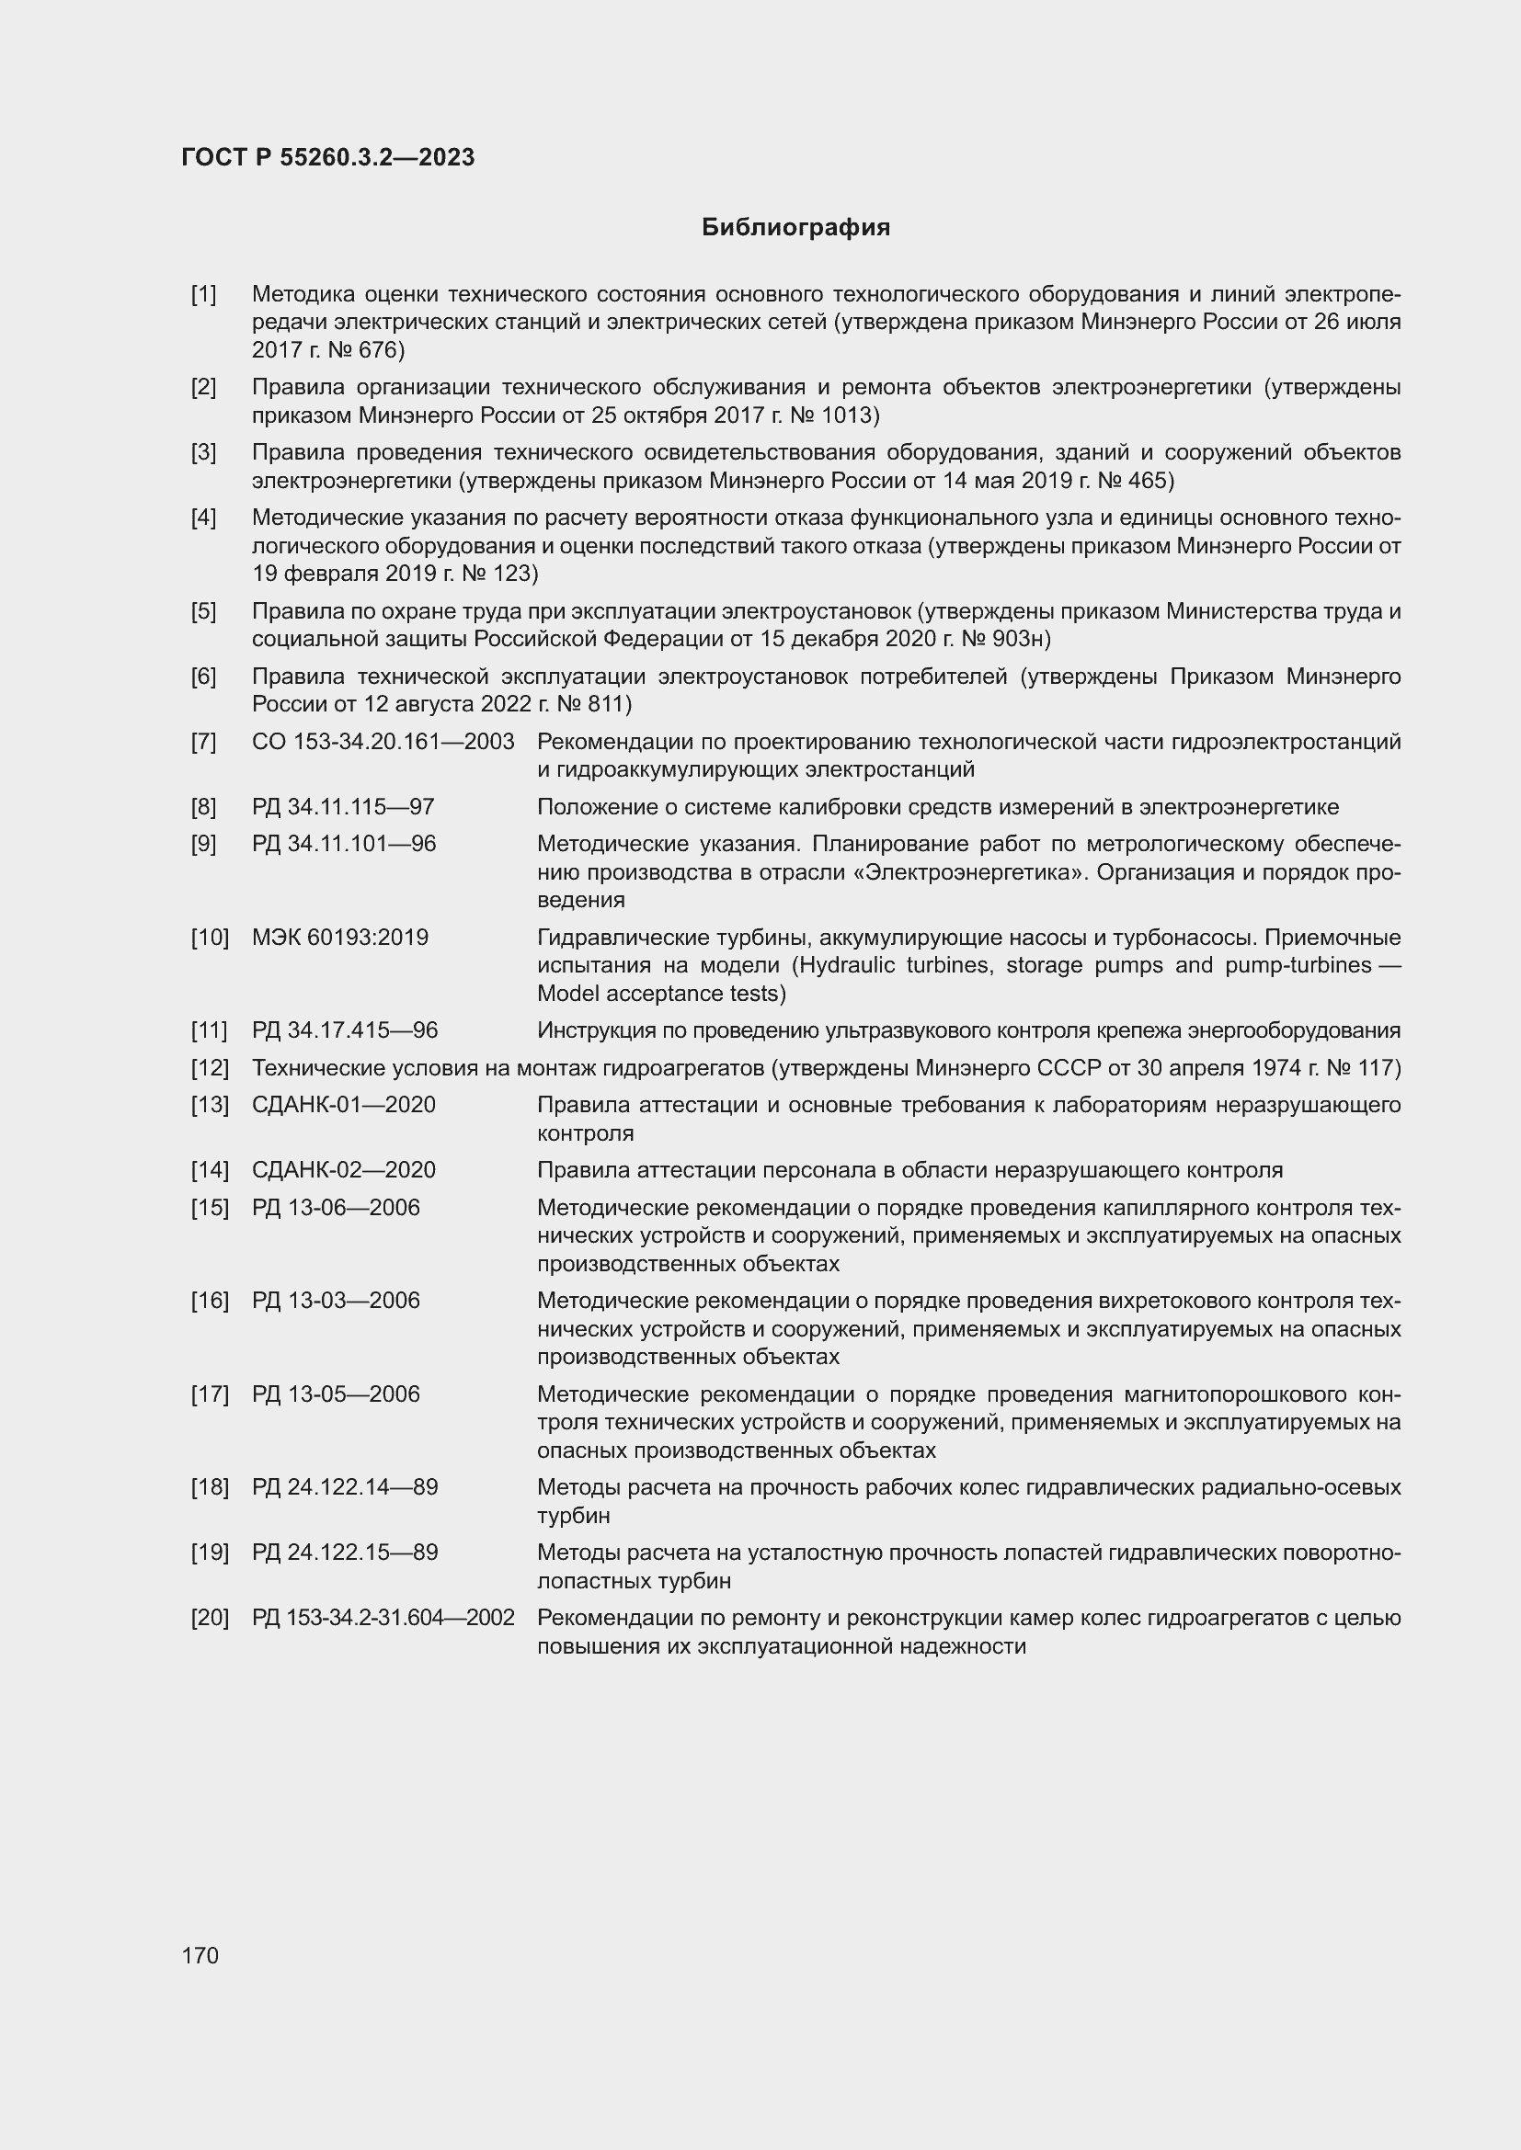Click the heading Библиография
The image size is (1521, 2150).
(x=795, y=228)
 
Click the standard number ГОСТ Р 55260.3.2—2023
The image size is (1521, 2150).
(x=327, y=157)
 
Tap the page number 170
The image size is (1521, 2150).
(x=200, y=1955)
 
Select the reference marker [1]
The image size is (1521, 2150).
(x=203, y=294)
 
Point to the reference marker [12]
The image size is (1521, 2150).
(x=210, y=1067)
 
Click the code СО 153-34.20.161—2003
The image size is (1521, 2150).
(x=383, y=742)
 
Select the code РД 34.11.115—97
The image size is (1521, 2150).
(x=343, y=807)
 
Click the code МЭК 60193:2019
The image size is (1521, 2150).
(x=340, y=938)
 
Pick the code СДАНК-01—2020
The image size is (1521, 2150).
(x=344, y=1105)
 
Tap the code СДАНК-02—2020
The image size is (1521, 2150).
(x=344, y=1169)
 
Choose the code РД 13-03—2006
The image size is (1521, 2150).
(x=336, y=1301)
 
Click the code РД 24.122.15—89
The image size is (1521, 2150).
(x=345, y=1553)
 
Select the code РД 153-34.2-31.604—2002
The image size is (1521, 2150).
(x=383, y=1617)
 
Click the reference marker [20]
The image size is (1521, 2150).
(x=210, y=1617)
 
